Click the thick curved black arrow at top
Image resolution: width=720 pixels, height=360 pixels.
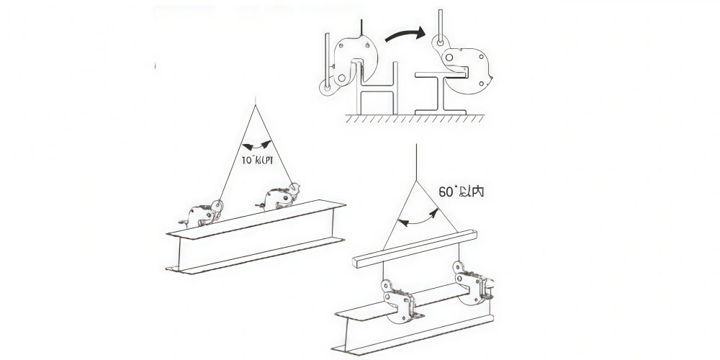(405, 32)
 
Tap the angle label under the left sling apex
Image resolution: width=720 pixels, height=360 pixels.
(257, 160)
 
